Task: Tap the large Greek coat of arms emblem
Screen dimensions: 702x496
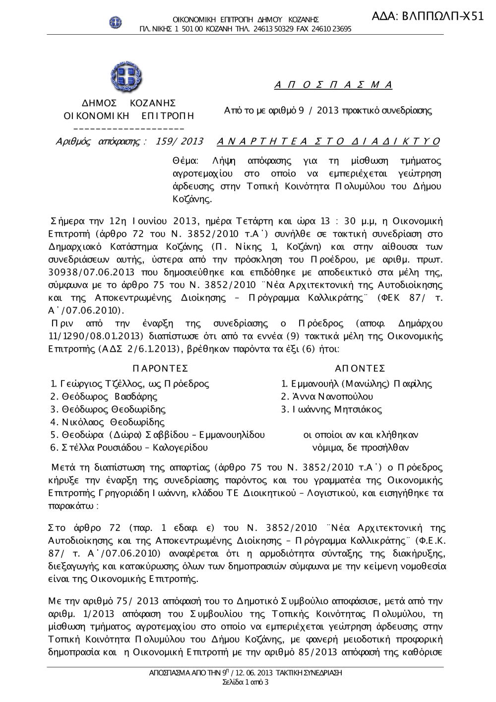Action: click(x=125, y=77)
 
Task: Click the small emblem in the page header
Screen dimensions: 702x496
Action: click(x=115, y=22)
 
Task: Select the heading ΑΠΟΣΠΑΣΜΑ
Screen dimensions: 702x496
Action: click(x=333, y=85)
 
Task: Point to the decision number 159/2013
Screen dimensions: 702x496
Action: click(x=180, y=141)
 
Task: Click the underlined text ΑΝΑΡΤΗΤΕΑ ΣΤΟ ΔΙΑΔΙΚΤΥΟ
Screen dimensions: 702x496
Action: click(x=328, y=141)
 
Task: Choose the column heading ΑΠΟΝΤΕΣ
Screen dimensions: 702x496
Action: click(x=360, y=368)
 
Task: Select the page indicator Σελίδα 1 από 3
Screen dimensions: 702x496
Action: click(x=246, y=682)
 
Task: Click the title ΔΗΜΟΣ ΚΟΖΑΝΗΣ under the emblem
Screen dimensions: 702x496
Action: click(x=128, y=103)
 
